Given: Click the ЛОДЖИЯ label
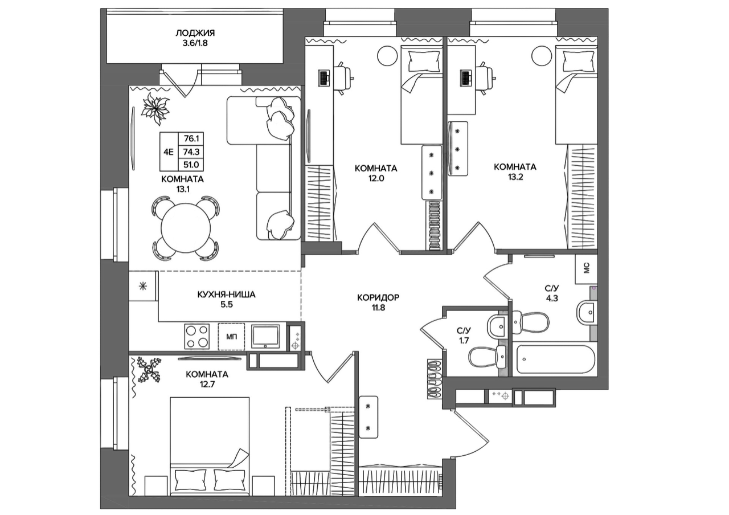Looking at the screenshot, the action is pos(195,33).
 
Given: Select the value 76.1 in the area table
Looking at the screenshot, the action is pos(191,138).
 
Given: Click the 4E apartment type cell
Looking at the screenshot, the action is pos(169,152).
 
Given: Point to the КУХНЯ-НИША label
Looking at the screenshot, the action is pos(226,295).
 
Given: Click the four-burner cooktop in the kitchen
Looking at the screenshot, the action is pos(197,337).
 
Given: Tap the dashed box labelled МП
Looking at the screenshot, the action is pos(231,337).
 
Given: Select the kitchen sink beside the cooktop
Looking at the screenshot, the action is pos(265,336).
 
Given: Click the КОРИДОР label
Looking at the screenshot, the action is pos(378,297).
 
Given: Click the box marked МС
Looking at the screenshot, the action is pos(586,269).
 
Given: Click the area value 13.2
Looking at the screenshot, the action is pos(515,177).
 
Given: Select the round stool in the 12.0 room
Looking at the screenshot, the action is pos(387,56).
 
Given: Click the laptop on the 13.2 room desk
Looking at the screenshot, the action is pos(465,78).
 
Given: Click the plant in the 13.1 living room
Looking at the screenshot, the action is pos(155,108).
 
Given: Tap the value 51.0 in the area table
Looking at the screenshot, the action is pos(191,165).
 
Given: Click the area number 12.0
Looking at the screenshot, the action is pos(376,178).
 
